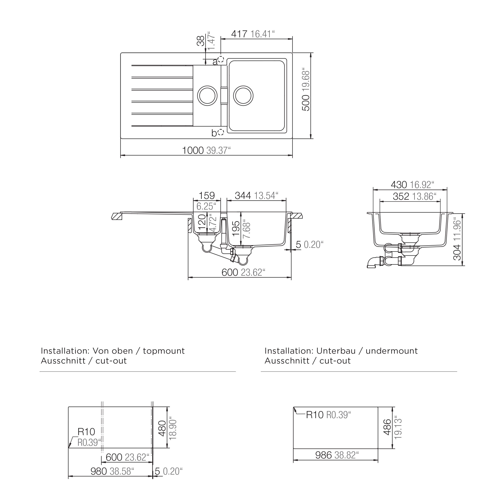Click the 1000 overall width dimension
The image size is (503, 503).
(x=193, y=151)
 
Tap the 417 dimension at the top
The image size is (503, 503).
(x=239, y=34)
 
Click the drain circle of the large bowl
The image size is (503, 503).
(x=243, y=96)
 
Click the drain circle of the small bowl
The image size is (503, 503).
(x=207, y=96)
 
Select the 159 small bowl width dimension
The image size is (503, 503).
(x=207, y=196)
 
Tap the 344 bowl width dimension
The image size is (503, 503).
(x=243, y=196)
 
